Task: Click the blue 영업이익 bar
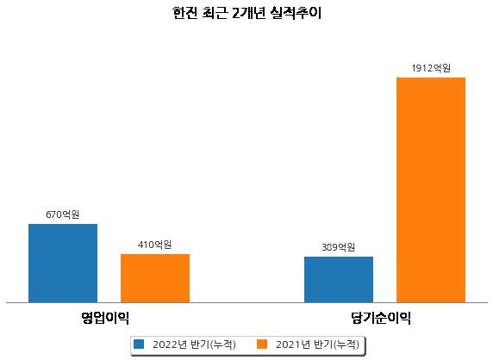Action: click(x=63, y=264)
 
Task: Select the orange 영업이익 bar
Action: click(x=155, y=278)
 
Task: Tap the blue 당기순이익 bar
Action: click(x=339, y=280)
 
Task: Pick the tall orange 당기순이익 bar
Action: click(x=431, y=190)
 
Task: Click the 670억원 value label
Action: click(x=63, y=214)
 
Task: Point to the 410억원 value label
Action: click(x=154, y=245)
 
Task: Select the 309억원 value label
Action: click(x=339, y=247)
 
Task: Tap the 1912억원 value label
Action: click(x=431, y=68)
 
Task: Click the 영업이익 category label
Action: click(x=105, y=318)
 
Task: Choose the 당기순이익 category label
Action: click(x=381, y=318)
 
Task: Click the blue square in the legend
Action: click(x=139, y=344)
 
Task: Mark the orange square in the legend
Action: click(x=262, y=344)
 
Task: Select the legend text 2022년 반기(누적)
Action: click(x=194, y=344)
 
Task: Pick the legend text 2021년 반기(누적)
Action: click(x=317, y=344)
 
